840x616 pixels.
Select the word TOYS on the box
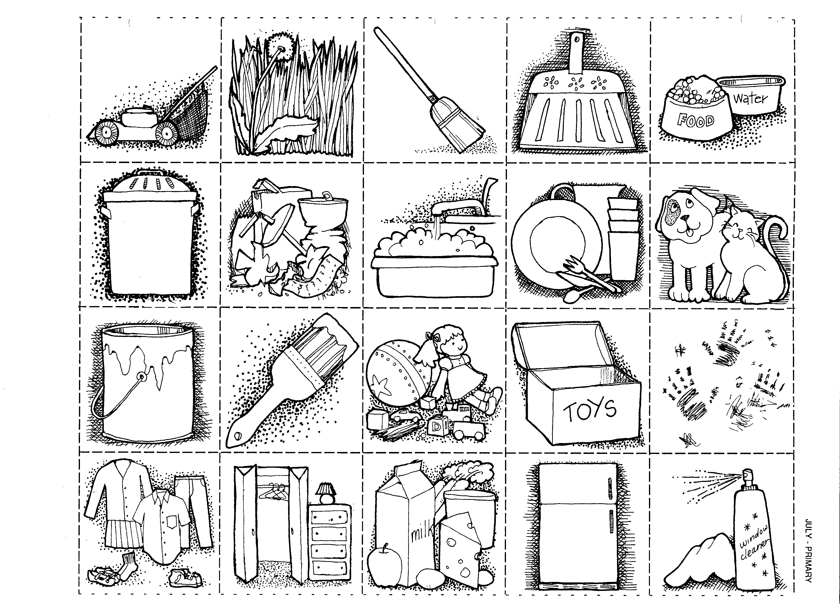click(590, 410)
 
